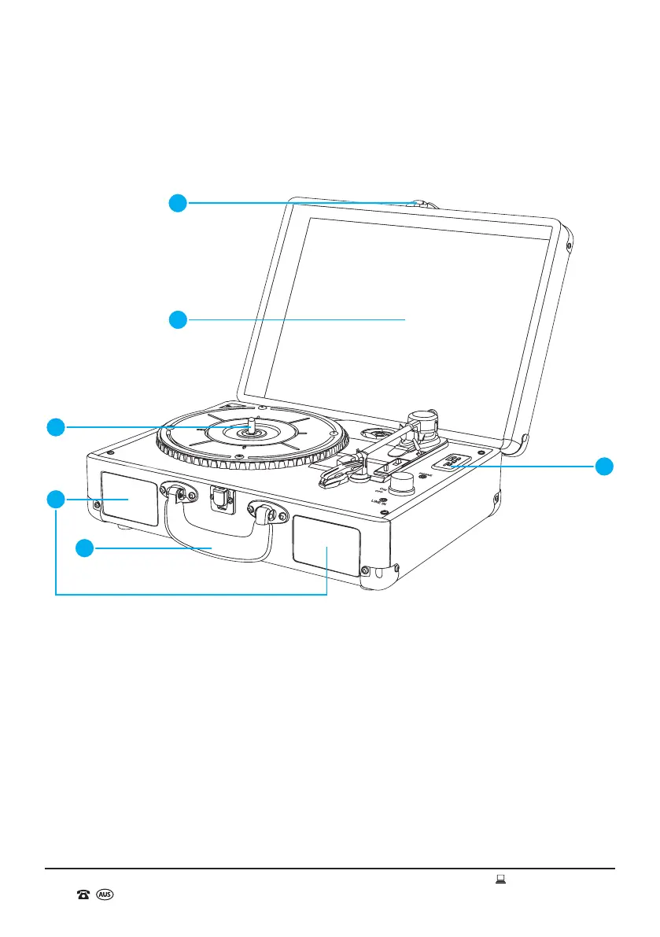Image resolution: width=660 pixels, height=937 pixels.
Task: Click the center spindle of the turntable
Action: [251, 426]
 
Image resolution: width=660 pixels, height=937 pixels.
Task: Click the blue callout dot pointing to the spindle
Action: [54, 427]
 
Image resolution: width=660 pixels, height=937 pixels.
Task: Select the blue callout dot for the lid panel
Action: [179, 319]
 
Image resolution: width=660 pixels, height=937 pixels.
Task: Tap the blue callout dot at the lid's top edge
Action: [179, 203]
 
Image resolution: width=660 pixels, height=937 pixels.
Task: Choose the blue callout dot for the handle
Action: [86, 548]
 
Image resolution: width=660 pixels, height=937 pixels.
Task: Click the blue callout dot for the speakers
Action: [54, 499]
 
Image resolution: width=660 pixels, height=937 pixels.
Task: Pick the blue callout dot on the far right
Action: [604, 466]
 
